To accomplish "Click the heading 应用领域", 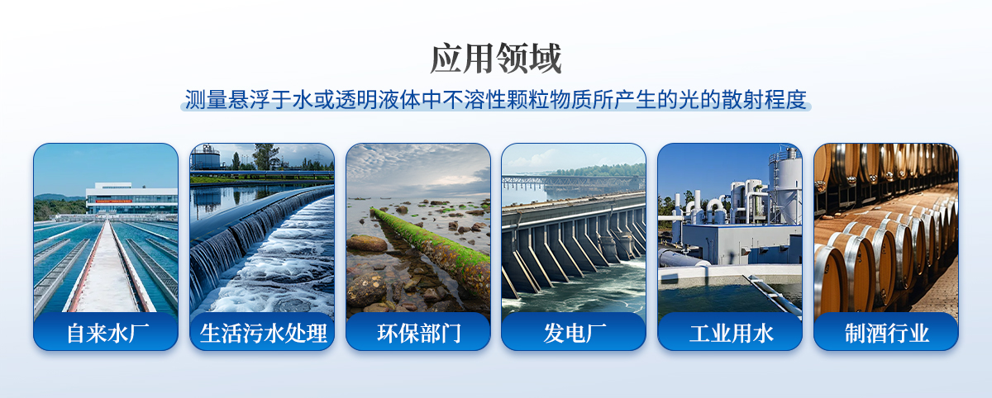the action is [496, 59].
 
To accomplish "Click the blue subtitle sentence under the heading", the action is [495, 99].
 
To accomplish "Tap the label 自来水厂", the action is [107, 333].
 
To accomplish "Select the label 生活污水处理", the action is [263, 333].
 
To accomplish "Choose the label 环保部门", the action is [419, 333].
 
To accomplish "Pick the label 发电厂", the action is [575, 333].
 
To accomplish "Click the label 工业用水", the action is [731, 333].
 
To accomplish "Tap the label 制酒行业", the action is [887, 333].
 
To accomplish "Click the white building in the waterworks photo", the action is [132, 198].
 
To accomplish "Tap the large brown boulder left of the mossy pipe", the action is [367, 243].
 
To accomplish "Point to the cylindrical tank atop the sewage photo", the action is [205, 158].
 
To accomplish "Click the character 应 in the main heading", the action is [446, 59].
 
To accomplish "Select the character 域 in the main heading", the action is [546, 59].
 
